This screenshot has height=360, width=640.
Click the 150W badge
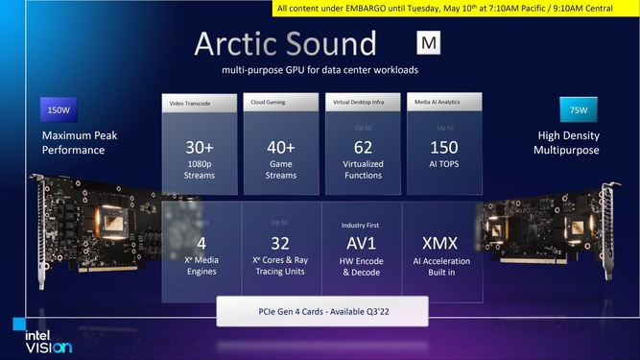click(58, 110)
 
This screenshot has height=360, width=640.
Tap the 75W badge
click(578, 110)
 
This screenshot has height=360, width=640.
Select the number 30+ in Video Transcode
click(201, 147)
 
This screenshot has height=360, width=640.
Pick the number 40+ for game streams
click(281, 147)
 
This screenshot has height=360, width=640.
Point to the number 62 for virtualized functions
click(363, 147)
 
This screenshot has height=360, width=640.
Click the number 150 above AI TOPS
click(444, 147)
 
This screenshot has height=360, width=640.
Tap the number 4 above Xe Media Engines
click(201, 243)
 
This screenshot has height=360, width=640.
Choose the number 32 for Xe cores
click(281, 243)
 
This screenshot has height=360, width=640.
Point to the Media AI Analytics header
click(441, 102)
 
